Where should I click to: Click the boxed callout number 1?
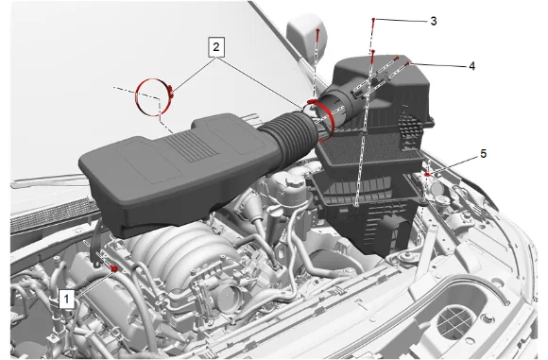[x=66, y=299]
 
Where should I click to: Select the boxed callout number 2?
[x=216, y=47]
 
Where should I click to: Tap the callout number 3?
[x=434, y=21]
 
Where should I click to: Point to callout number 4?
[x=471, y=66]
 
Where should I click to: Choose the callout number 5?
[x=484, y=153]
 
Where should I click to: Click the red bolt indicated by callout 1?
[x=114, y=268]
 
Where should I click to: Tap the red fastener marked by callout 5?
[x=427, y=174]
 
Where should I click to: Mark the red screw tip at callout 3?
[x=373, y=21]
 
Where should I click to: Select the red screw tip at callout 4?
[x=407, y=64]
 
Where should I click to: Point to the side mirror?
[x=308, y=35]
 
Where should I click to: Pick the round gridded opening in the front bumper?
[x=455, y=322]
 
